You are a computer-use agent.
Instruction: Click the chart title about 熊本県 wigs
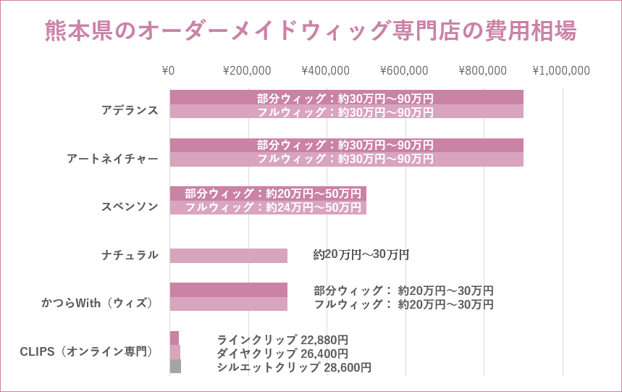pyautogui.click(x=311, y=31)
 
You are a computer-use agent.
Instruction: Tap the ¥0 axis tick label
pyautogui.click(x=168, y=70)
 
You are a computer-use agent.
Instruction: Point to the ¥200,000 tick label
pyautogui.click(x=247, y=70)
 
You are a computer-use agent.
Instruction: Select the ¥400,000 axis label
pyautogui.click(x=325, y=70)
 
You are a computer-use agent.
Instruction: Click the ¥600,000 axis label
pyautogui.click(x=404, y=70)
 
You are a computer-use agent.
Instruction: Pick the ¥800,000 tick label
pyautogui.click(x=482, y=70)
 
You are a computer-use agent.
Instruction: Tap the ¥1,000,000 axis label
pyautogui.click(x=561, y=70)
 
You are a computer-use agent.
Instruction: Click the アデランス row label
pyautogui.click(x=130, y=110)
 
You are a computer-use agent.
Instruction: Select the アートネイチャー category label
pyautogui.click(x=112, y=158)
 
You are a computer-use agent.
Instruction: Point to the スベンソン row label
pyautogui.click(x=130, y=206)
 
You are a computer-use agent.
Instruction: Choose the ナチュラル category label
pyautogui.click(x=130, y=254)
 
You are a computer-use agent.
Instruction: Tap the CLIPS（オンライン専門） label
pyautogui.click(x=86, y=351)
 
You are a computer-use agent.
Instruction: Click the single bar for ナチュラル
pyautogui.click(x=229, y=255)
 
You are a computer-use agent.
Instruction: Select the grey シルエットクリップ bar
pyautogui.click(x=175, y=367)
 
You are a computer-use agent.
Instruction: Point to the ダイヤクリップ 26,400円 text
pyautogui.click(x=282, y=354)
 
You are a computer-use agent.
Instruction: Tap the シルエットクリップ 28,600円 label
pyautogui.click(x=294, y=367)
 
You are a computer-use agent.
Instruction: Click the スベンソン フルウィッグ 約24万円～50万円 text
pyautogui.click(x=273, y=207)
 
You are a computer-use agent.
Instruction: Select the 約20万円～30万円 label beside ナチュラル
pyautogui.click(x=361, y=254)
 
